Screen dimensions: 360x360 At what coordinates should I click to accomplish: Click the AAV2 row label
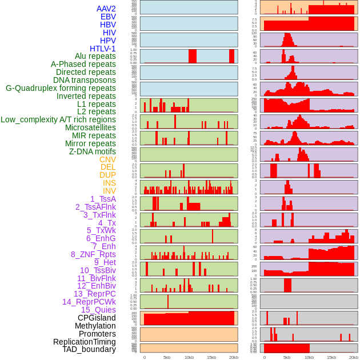point(106,9)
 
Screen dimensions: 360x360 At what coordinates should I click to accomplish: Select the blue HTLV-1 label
point(102,49)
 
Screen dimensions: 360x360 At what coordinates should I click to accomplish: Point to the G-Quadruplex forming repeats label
point(61,88)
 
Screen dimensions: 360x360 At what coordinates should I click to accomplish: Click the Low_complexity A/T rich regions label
point(58,119)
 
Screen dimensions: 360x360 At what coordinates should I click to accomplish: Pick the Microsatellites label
point(90,127)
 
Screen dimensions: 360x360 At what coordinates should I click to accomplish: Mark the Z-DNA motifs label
point(92,151)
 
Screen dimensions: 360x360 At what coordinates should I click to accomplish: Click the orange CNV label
point(107,159)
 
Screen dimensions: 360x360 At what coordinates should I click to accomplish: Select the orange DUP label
point(107,175)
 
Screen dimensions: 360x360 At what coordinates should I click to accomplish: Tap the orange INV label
point(109,191)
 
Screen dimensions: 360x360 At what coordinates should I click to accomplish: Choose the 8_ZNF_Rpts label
point(93,254)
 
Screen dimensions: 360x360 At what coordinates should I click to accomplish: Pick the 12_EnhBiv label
point(96,286)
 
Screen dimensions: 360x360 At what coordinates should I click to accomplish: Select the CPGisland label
point(97,318)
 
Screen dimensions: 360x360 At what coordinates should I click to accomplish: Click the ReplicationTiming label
point(85,342)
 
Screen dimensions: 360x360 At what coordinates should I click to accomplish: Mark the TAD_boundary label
point(89,349)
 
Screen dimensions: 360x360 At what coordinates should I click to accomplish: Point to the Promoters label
point(97,334)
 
